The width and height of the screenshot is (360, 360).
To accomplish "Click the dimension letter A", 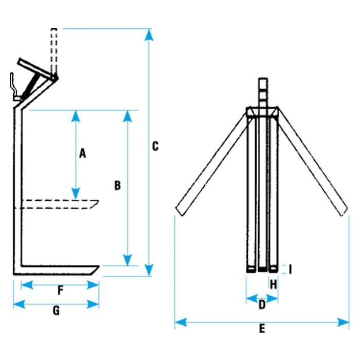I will tap(82, 153).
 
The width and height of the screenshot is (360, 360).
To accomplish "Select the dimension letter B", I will tap(117, 186).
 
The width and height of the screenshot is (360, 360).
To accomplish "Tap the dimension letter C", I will tap(155, 146).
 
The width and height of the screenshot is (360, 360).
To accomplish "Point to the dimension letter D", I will tap(262, 305).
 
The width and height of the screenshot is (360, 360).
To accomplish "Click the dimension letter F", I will tap(60, 291).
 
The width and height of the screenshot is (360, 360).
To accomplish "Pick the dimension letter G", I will tap(57, 311).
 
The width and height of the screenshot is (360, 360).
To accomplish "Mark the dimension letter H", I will tap(274, 283).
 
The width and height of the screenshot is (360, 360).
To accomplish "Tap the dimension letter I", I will tap(291, 269).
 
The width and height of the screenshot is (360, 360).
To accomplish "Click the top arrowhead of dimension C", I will tap(149, 34).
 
